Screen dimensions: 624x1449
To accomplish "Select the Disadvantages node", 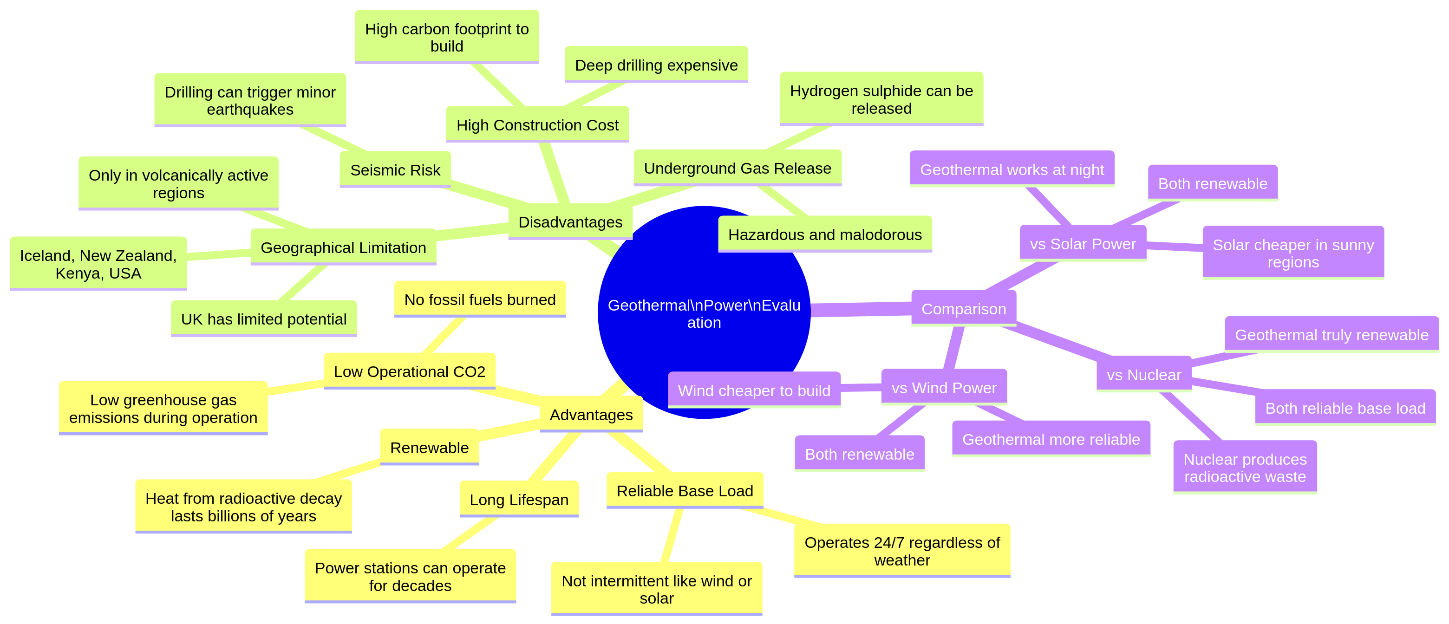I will coord(570,222).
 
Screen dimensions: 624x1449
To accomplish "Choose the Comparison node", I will coord(963,309).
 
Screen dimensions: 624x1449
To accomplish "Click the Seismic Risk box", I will coord(395,170).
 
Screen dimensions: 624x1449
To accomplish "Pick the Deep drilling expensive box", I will coord(656,65).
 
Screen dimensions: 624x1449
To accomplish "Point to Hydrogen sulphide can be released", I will coord(881,99).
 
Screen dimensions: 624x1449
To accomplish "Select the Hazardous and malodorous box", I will coord(825,234).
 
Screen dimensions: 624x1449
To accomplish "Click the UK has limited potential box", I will coord(263,319).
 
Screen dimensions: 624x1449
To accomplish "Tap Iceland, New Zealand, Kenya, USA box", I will coord(98,264).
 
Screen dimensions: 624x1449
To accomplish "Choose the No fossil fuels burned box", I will coord(479,299).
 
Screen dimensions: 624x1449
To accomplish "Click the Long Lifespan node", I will coord(519,499).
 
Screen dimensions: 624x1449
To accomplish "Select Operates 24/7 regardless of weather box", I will coord(902,551).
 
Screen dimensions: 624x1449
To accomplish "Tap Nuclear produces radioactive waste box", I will coord(1244,468).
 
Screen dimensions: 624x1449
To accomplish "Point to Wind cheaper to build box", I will coord(754,390).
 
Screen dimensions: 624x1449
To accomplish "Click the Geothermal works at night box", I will coord(1012,169).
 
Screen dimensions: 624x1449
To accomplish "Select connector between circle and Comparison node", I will coord(861,309).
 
